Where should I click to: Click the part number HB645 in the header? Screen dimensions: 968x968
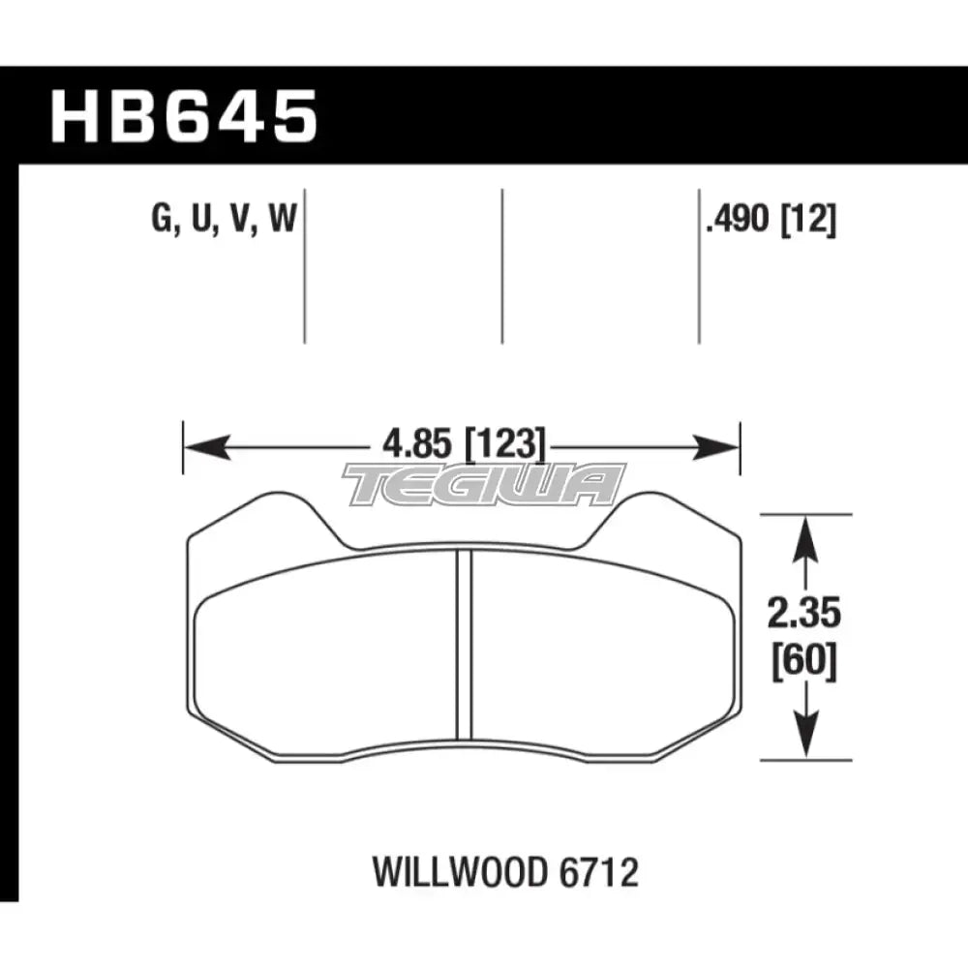[184, 115]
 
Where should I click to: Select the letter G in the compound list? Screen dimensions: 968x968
[161, 222]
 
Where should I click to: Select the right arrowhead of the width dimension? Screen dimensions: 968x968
[718, 447]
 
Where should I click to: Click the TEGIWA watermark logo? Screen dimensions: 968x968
[484, 484]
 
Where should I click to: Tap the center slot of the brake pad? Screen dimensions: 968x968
[464, 644]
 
